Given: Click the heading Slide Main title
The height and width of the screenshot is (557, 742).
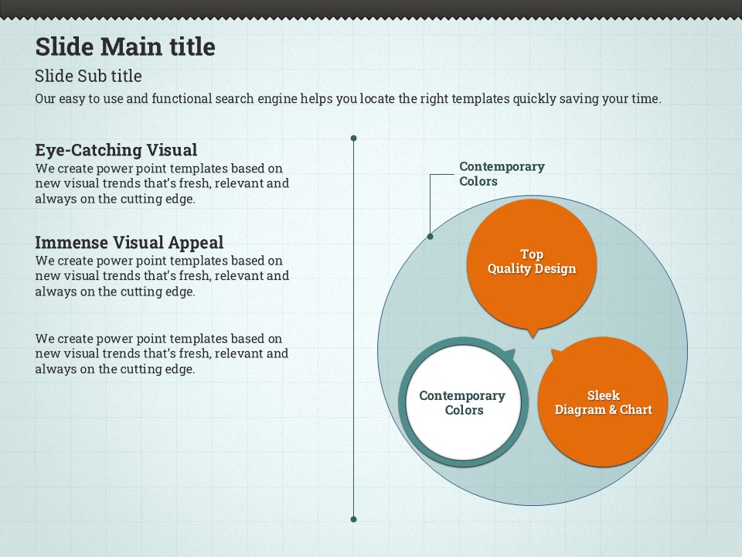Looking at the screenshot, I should (x=125, y=46).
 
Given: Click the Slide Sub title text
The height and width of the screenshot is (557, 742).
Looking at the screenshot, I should (x=88, y=76).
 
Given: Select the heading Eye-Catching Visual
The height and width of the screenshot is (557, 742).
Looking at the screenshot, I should (x=116, y=150).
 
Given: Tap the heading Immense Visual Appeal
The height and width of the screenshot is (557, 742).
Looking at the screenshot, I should (x=129, y=243).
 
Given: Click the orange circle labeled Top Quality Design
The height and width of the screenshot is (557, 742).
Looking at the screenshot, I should (x=532, y=261).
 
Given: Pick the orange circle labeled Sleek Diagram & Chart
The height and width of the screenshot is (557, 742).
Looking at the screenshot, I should (x=603, y=402).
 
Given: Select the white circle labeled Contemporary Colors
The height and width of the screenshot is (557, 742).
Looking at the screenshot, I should (x=462, y=402).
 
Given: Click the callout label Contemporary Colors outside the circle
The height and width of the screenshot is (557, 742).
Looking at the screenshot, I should (x=502, y=174).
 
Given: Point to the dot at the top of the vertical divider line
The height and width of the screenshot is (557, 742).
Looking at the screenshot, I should (x=353, y=138).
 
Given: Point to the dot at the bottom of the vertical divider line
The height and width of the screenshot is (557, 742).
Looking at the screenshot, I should (x=353, y=519).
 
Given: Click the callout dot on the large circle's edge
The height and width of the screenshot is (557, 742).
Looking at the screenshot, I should (x=430, y=236).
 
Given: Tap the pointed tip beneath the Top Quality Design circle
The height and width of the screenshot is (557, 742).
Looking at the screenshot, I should (x=532, y=334).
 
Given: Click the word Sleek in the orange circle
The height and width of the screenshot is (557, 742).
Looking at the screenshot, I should (x=603, y=395).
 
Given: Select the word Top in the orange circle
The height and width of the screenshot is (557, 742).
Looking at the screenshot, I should (x=532, y=254).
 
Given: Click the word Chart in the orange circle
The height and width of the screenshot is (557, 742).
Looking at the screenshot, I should (x=635, y=410).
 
